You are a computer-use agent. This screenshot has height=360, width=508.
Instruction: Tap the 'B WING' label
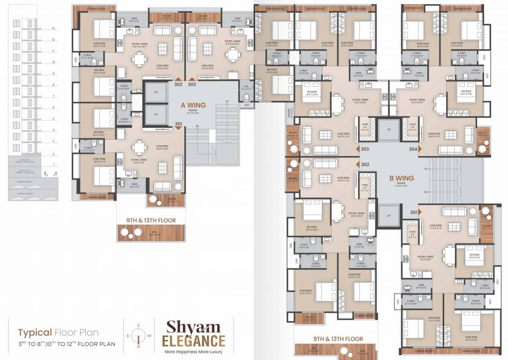[x=402, y=178]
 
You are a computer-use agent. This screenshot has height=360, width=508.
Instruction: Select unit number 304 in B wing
[x=413, y=149]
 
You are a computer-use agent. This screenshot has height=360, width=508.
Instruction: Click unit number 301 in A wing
[x=178, y=124]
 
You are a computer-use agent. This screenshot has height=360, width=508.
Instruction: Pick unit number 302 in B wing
[x=365, y=165]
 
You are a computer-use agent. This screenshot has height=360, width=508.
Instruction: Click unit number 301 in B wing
[x=413, y=212]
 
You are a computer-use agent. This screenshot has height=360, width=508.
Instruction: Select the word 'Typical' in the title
[x=35, y=333]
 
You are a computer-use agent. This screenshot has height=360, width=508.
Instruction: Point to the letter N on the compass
[x=138, y=347]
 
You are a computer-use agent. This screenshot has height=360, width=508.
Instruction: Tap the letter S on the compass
[x=138, y=325]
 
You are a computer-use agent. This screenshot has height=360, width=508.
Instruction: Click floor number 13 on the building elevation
[x=53, y=28]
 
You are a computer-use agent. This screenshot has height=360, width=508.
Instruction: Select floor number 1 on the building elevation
[x=53, y=165]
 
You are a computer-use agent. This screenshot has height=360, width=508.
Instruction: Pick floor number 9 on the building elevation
[x=53, y=74]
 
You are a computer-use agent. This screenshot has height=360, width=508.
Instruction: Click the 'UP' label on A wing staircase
[x=227, y=101]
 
